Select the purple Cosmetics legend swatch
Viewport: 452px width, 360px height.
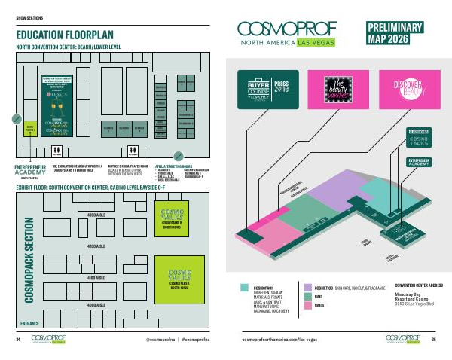[x=307, y=287]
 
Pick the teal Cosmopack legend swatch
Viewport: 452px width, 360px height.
[x=243, y=287]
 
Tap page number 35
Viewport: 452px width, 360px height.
[x=434, y=340]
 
